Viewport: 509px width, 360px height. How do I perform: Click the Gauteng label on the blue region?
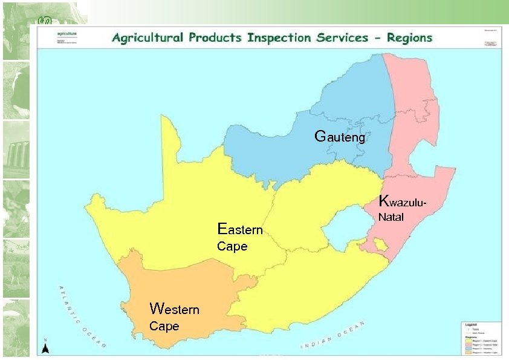(x=340, y=137)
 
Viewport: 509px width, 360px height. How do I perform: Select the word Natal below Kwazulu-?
(x=391, y=217)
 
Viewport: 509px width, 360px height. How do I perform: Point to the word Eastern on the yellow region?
(x=240, y=229)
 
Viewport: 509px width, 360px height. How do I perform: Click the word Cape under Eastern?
(x=232, y=246)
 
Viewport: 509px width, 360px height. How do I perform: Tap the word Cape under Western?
(x=164, y=326)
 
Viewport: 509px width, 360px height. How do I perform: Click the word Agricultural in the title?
(x=147, y=38)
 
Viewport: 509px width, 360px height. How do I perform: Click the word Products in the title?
(x=215, y=38)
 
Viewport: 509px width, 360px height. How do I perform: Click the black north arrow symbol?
(x=45, y=348)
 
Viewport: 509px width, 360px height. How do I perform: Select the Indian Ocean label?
(x=334, y=336)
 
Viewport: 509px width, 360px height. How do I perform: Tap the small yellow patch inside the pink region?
(x=380, y=244)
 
